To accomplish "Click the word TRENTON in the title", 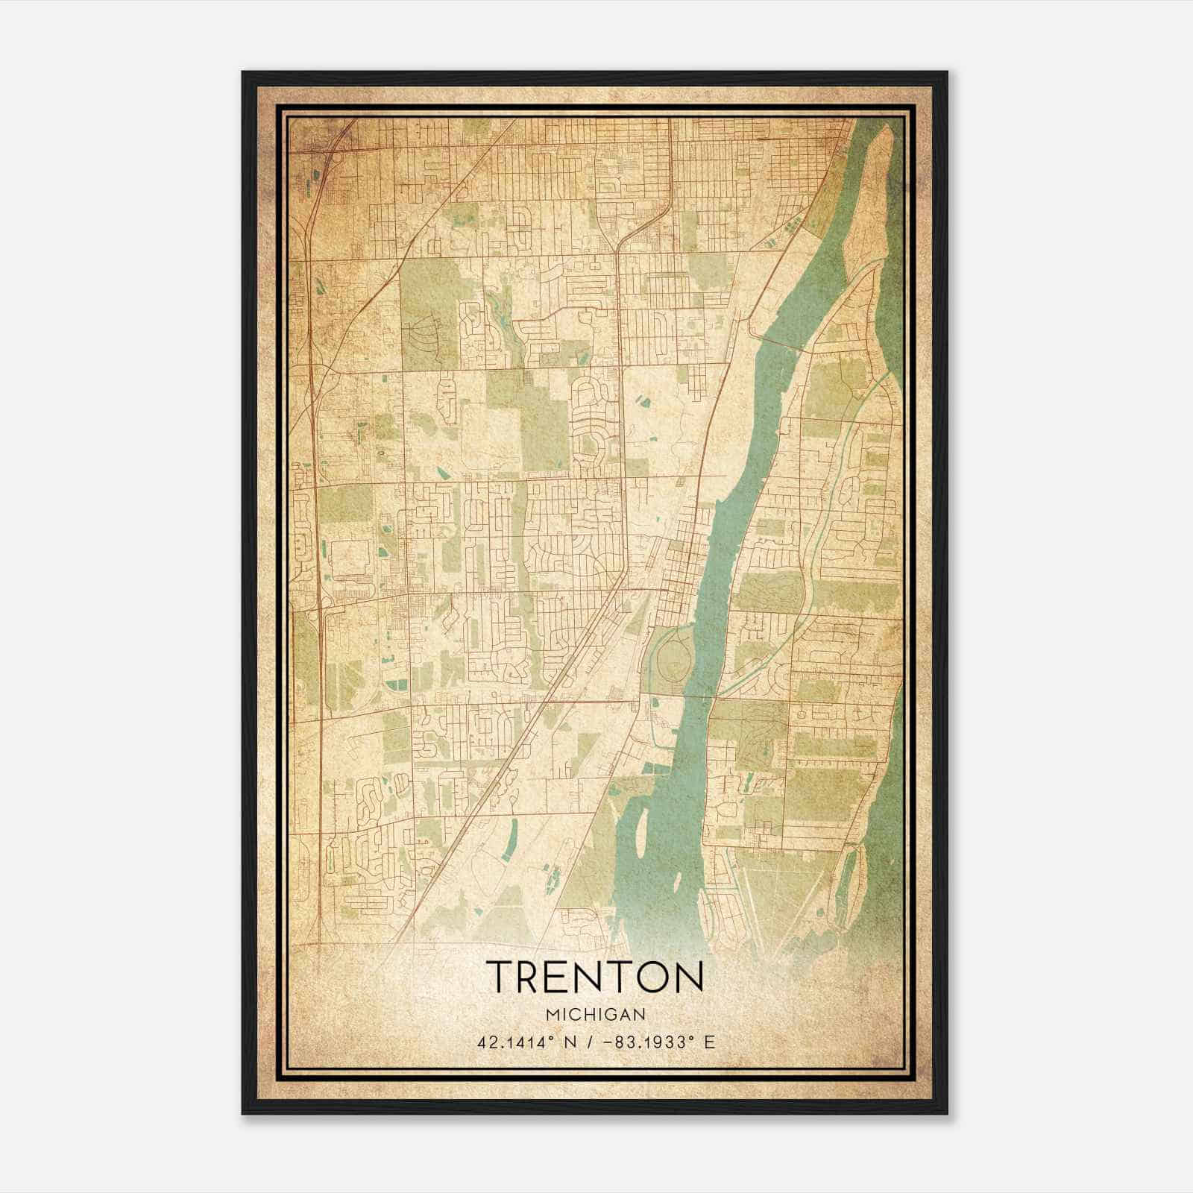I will click(x=595, y=976).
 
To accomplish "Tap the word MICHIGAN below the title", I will click(x=595, y=1014).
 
